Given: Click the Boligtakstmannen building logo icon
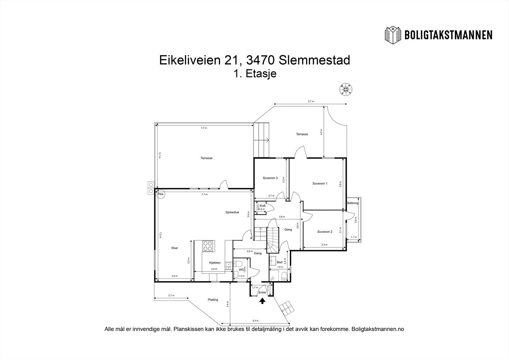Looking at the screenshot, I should tap(393, 35).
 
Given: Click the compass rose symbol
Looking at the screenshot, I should tap(345, 90).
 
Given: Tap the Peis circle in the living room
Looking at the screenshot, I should tap(161, 194).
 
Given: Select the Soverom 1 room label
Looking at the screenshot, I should tap(320, 184).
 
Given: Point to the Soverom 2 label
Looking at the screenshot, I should tap(324, 232).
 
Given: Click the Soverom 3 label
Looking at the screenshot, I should tap(270, 178).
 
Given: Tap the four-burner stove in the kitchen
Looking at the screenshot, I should tap(208, 246).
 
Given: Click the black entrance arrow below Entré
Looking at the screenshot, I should tap(262, 301).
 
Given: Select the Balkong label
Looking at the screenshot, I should tap(352, 203).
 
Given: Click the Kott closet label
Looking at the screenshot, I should tap(262, 206).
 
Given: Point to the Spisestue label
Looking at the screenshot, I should tap(232, 212).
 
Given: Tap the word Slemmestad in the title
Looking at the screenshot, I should tap(315, 60).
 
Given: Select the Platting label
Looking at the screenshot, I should tap(213, 300).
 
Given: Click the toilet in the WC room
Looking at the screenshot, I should tap(238, 264).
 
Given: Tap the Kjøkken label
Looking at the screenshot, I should tap(215, 263).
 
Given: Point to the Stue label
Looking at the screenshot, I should tap(174, 248).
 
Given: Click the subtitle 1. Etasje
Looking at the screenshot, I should tap(254, 74).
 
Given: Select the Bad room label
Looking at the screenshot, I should tap(279, 262).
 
